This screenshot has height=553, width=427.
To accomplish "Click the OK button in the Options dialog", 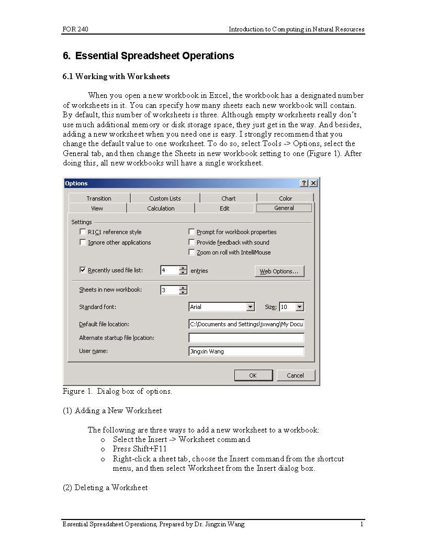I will click(x=253, y=375).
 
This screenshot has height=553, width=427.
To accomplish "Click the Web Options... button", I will click(x=279, y=271).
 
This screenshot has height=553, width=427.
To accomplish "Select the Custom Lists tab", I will click(x=165, y=198).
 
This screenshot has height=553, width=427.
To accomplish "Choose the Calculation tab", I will click(x=161, y=208).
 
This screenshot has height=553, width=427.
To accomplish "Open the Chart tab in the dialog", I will click(x=228, y=198).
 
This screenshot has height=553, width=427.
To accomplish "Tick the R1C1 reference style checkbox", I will click(x=83, y=232).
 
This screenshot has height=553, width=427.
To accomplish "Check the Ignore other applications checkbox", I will click(x=83, y=242).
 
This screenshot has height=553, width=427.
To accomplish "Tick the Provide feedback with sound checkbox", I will click(x=192, y=242).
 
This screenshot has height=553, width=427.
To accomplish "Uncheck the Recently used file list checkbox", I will click(x=83, y=270).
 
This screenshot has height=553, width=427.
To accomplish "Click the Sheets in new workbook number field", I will click(x=170, y=290).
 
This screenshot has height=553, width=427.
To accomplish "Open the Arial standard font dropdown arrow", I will click(x=250, y=307).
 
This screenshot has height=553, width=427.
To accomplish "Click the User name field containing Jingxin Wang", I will click(x=246, y=351).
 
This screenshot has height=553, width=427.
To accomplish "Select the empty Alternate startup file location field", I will click(x=246, y=338).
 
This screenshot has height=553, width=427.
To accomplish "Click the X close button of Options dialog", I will click(x=313, y=183).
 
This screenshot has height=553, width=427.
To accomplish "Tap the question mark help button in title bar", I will click(x=304, y=183).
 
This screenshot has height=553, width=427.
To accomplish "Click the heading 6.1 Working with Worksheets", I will click(x=116, y=76).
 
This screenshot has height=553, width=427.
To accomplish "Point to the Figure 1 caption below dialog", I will click(x=117, y=391).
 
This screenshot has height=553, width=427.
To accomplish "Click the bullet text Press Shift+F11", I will click(x=140, y=449).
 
